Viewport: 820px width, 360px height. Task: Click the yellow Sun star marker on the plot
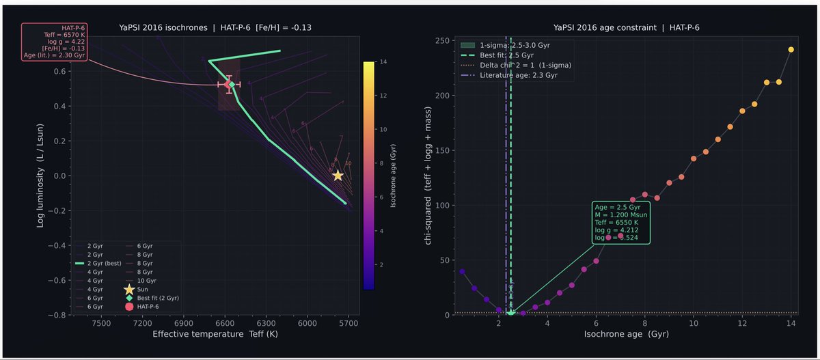338,176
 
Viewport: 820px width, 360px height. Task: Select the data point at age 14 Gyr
791,49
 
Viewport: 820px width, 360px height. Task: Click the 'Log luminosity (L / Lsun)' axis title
41,180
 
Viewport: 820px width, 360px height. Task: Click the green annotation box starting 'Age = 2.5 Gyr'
622,223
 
